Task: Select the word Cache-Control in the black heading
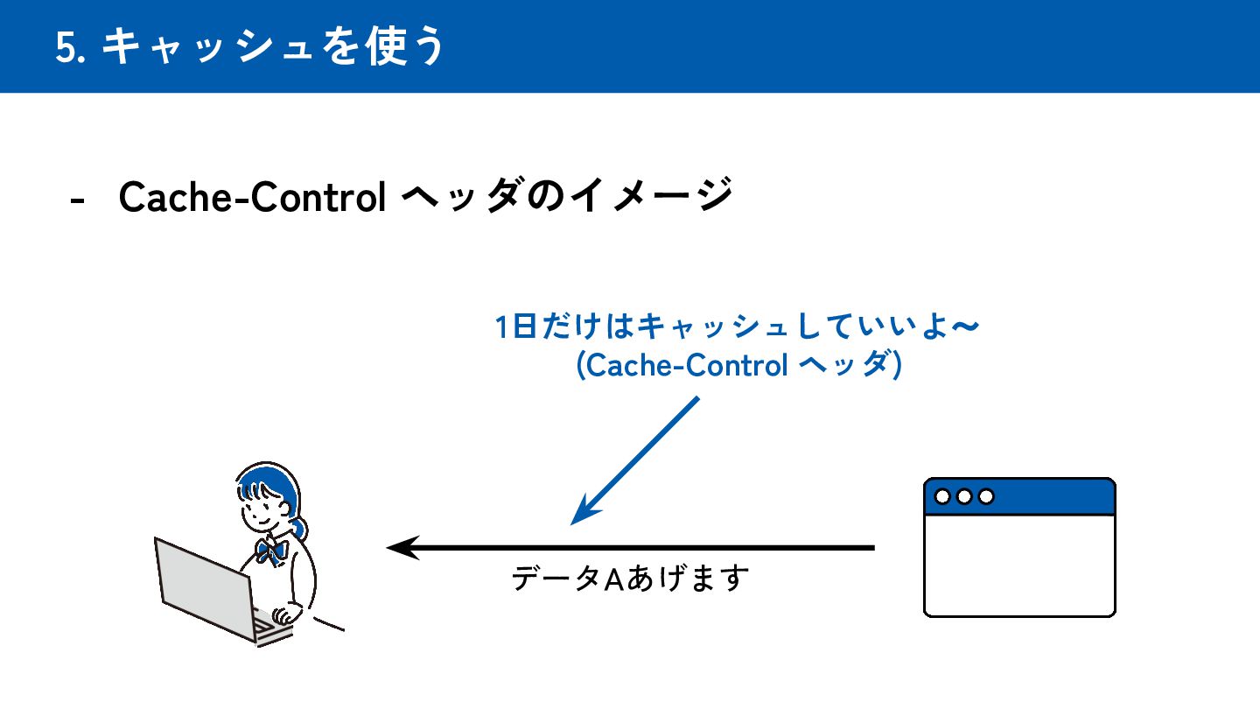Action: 253,198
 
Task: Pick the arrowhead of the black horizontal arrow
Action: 398,548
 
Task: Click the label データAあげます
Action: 631,579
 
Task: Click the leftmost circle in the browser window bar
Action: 943,496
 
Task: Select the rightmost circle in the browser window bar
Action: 986,496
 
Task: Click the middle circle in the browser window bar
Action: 964,496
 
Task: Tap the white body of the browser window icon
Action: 1019,565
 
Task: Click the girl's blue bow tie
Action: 271,551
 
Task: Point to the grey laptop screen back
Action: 199,581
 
